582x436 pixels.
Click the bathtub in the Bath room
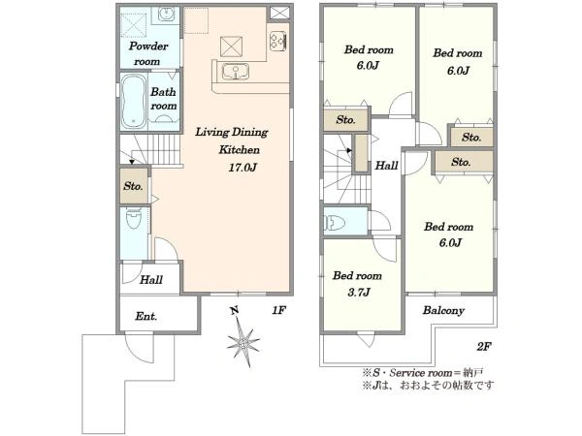pos(133,101)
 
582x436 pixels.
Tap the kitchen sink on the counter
pos(236,72)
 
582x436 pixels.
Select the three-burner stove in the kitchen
pos(278,41)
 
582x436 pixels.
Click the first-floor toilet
pos(134,218)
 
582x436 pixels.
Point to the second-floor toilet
pos(335,223)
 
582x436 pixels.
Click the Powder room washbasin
pos(166,15)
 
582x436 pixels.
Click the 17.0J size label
pos(242,168)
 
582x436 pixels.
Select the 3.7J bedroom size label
pos(359,293)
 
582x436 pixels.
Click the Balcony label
pos(443,310)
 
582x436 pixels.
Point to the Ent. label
pos(146,316)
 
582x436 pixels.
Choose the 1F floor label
pos(278,310)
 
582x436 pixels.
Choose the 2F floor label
pos(484,347)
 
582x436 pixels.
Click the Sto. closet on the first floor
pos(134,186)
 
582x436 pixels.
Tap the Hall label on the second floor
pos(386,166)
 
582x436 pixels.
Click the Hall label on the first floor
pos(151,280)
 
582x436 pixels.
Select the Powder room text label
pos(148,53)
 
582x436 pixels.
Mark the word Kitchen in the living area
pos(239,150)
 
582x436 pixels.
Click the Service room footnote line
pos(423,372)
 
